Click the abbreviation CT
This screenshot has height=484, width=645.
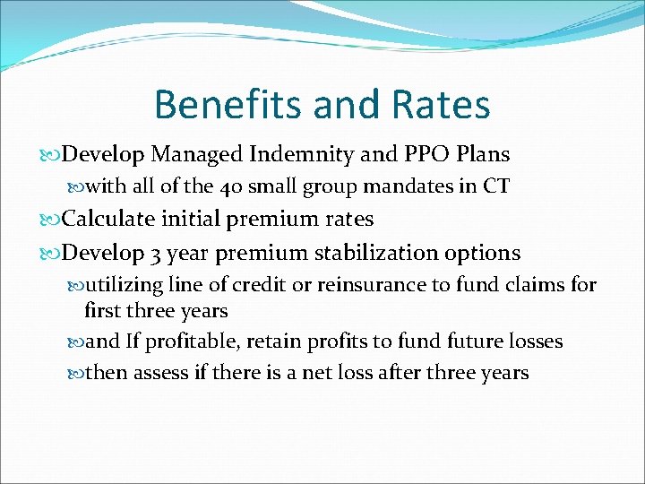(496, 186)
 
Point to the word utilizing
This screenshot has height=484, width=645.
(121, 286)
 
